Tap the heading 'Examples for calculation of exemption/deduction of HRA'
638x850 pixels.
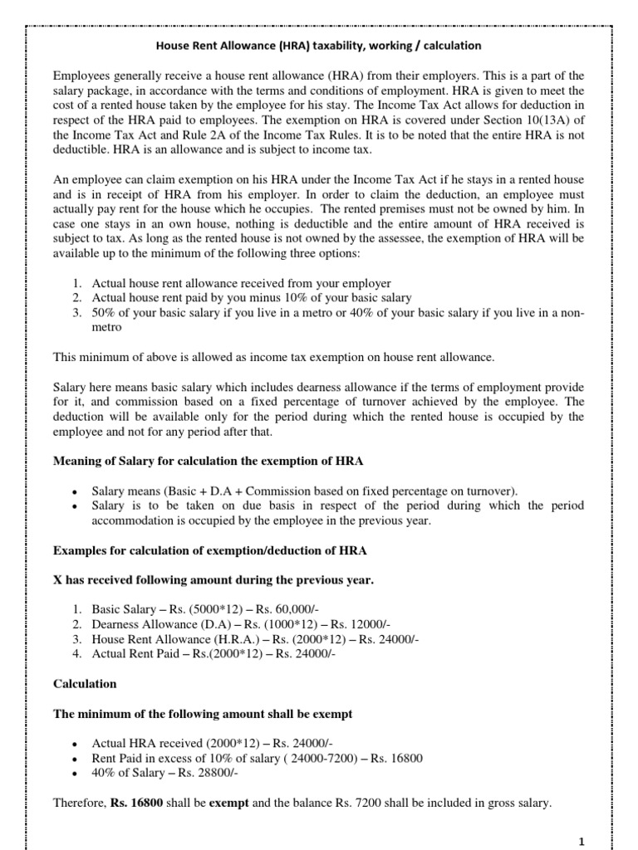[210, 550]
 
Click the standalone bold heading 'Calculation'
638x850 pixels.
[85, 685]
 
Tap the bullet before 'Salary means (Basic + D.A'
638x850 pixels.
[75, 491]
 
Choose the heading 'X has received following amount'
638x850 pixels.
[213, 580]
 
